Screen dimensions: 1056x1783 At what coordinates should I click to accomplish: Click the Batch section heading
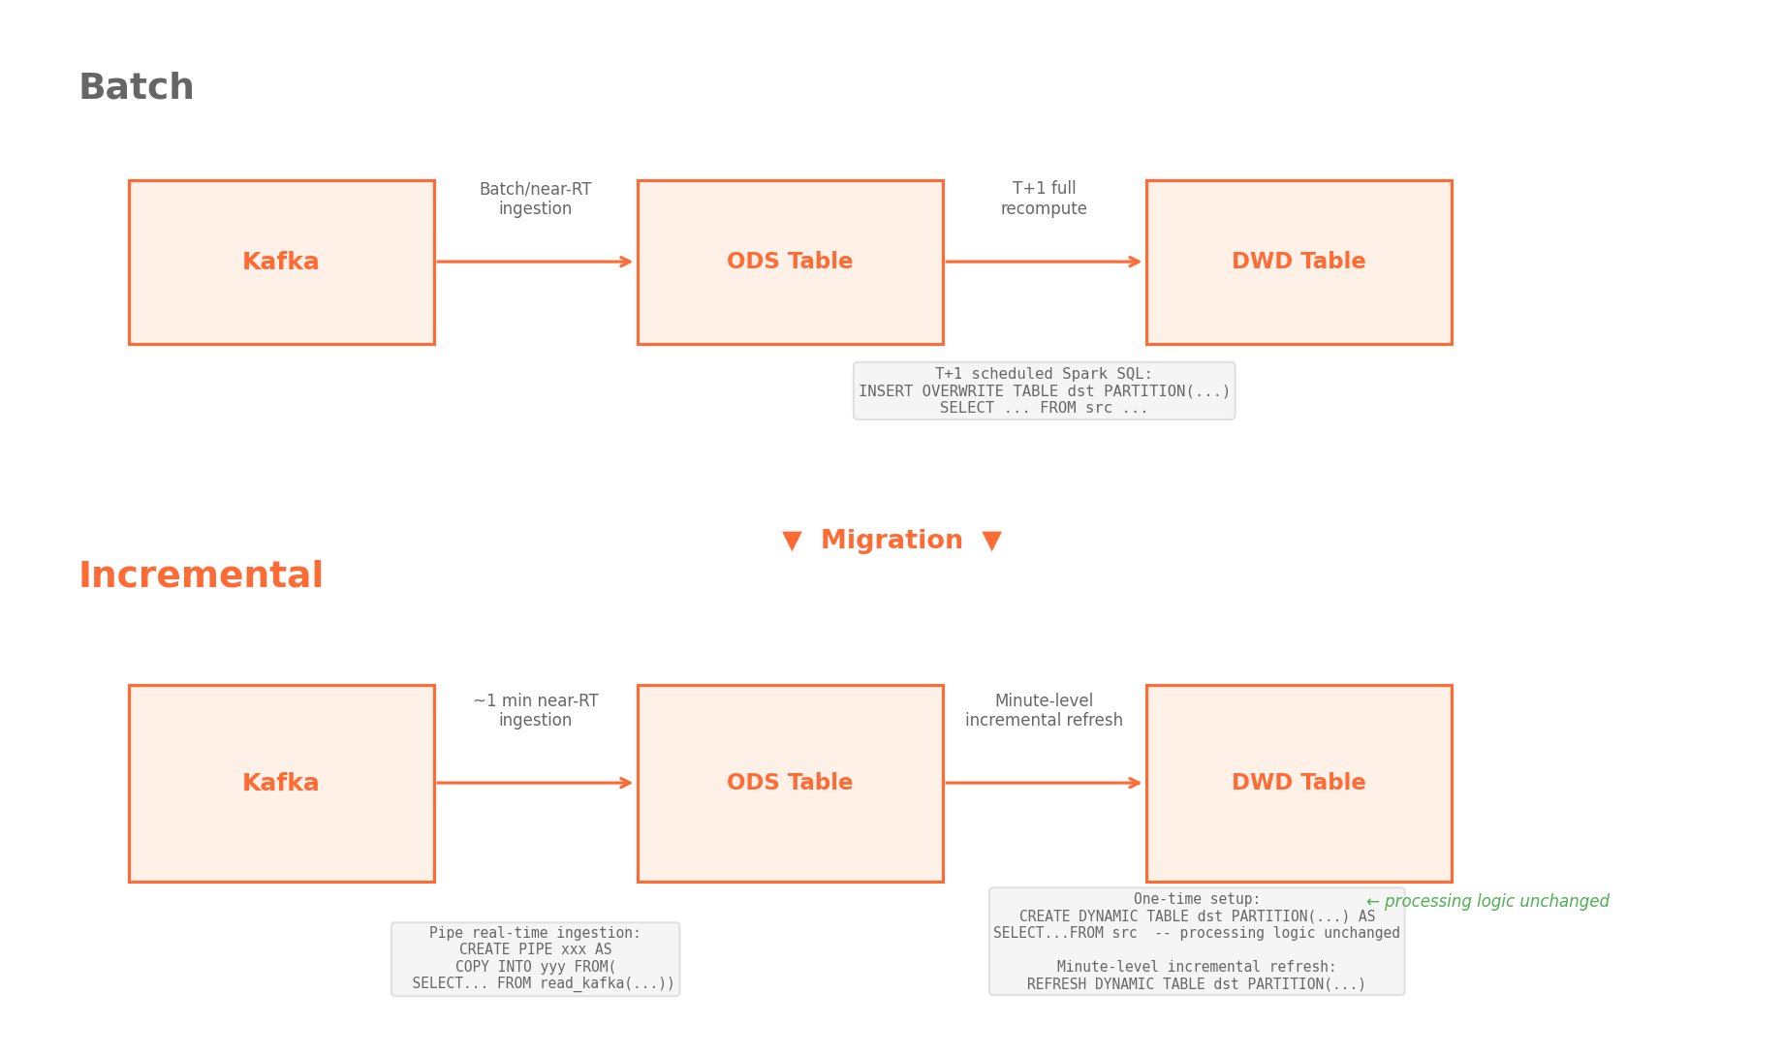[136, 87]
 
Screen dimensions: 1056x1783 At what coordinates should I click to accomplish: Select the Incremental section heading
[201, 575]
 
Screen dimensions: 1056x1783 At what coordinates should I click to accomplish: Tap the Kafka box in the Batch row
[281, 262]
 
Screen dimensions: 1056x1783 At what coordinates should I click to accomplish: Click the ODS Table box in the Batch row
[790, 262]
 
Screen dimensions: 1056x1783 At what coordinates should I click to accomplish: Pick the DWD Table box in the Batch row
[1298, 262]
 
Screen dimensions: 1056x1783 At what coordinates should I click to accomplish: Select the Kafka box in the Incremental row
[281, 783]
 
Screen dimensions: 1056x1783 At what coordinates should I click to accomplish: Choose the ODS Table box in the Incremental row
[790, 783]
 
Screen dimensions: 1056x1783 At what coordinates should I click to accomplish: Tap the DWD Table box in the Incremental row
[1298, 783]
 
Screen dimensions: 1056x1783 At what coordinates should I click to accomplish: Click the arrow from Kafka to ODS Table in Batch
[535, 262]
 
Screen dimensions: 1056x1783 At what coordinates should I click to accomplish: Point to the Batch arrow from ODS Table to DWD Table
[1044, 262]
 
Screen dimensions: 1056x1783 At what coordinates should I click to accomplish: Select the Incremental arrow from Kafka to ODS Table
[535, 783]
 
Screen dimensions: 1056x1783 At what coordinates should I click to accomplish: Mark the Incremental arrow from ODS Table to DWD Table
[1044, 783]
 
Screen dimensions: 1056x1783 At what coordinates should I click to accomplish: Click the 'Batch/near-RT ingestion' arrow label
[535, 199]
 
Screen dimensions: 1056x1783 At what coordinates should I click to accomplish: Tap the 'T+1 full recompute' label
[1044, 199]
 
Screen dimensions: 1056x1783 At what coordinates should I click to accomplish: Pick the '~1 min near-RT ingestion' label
[535, 710]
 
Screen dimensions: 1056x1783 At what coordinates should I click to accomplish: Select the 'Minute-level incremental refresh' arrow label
[1044, 710]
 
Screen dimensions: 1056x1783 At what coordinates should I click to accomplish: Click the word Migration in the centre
[891, 541]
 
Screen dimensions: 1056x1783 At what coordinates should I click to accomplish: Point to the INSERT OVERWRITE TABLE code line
[1044, 391]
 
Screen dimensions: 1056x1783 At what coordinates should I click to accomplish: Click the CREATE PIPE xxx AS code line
[535, 949]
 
